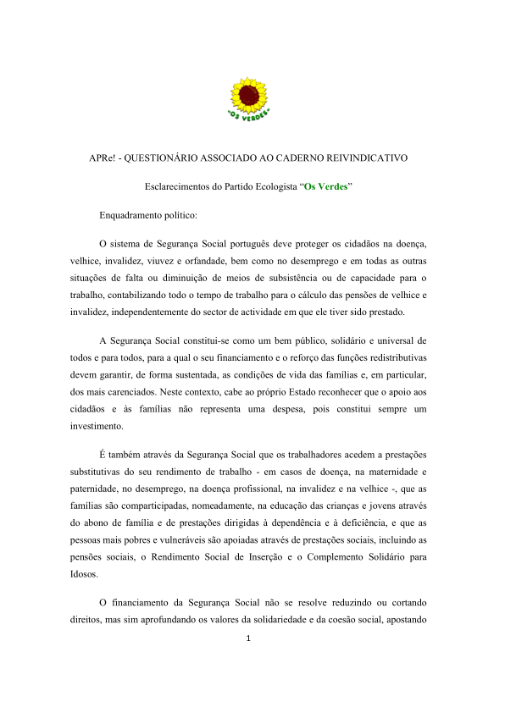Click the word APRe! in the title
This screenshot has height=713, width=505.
104,158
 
